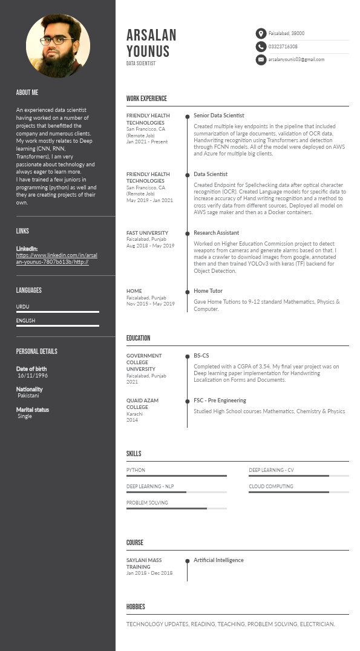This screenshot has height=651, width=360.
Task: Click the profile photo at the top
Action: (58, 46)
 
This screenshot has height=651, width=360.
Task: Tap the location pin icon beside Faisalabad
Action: (261, 34)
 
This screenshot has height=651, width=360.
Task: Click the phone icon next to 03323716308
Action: (261, 47)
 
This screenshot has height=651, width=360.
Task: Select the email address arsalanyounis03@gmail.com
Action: (296, 59)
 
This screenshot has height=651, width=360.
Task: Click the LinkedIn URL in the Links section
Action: (56, 258)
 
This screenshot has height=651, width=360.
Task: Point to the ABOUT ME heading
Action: (27, 93)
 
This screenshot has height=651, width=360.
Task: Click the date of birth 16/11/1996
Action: (33, 376)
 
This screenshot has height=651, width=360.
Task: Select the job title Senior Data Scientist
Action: (218, 115)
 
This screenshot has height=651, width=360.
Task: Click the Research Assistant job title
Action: (216, 232)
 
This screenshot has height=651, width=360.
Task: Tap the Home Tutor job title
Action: (208, 291)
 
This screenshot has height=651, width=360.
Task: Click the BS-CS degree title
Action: (201, 356)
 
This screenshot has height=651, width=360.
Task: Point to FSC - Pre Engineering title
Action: (220, 401)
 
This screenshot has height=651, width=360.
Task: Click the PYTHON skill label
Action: (136, 470)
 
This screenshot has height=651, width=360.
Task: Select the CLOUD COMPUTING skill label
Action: (270, 486)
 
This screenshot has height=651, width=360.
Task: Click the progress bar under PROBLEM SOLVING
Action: (176, 508)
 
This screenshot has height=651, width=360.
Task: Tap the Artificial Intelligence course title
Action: (218, 560)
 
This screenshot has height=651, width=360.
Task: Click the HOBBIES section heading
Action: (136, 607)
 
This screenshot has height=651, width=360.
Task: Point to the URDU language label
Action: (22, 307)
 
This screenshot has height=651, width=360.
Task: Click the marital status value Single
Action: (25, 416)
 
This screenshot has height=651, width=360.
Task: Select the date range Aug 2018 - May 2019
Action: (150, 246)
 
